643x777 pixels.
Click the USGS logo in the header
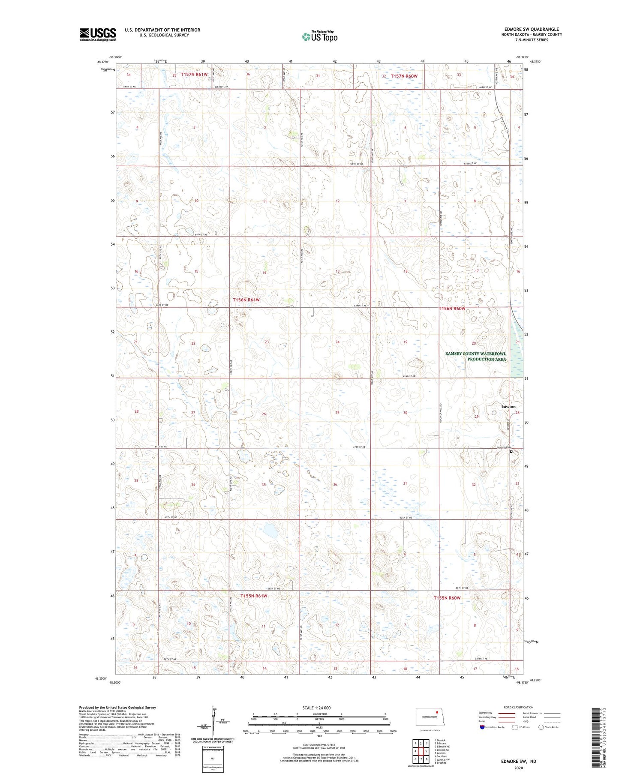(98, 34)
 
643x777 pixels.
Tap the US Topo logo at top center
(319, 36)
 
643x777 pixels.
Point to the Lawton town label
(508, 406)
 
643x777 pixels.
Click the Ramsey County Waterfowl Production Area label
(475, 356)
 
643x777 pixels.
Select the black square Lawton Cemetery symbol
(511, 451)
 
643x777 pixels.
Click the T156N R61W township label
(246, 300)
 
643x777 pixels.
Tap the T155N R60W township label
(447, 598)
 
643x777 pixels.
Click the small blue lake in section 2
(270, 531)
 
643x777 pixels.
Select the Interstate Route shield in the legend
(482, 727)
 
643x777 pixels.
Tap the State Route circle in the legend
(541, 727)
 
